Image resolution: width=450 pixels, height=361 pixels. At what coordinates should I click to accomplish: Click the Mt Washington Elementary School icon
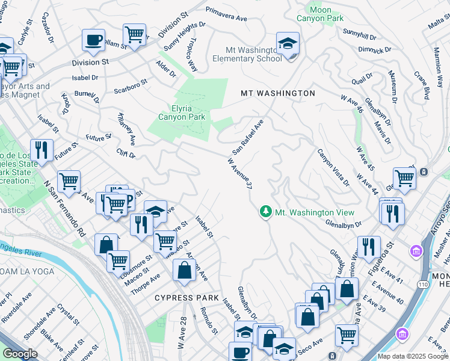click(x=288, y=44)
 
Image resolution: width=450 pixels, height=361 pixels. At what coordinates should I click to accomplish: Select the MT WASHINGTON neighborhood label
click(x=277, y=93)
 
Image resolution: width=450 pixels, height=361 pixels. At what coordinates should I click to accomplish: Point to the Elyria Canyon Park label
click(x=182, y=112)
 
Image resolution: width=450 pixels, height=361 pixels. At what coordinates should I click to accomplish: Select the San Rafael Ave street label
click(x=248, y=136)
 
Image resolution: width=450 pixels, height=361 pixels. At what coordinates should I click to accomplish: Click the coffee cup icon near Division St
click(x=93, y=41)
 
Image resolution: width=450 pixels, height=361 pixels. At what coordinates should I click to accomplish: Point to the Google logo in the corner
click(x=20, y=354)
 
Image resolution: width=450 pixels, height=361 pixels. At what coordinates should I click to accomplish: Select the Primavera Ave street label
click(x=227, y=14)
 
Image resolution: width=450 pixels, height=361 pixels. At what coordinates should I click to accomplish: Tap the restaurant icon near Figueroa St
click(x=368, y=247)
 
